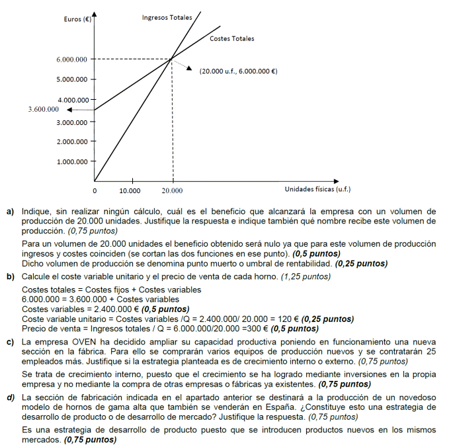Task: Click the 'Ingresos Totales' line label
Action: [x=167, y=17]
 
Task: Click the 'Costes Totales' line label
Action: [x=231, y=38]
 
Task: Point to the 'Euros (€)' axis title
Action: [x=77, y=19]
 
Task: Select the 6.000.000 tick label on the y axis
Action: [x=72, y=60]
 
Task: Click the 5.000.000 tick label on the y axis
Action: [x=72, y=80]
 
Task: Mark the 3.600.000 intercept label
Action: [x=43, y=109]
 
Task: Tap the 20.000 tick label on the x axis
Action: [x=173, y=190]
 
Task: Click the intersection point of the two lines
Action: [x=172, y=59]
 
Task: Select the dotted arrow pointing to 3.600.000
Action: [x=79, y=110]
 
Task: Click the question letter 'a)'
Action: [x=11, y=211]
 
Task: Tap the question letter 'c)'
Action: [x=11, y=341]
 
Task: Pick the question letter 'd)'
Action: [x=11, y=397]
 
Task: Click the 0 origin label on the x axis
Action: [x=94, y=190]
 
